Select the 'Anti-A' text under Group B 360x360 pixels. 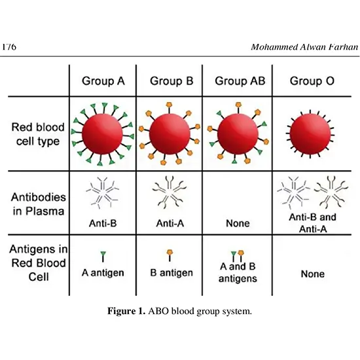pyautogui.click(x=172, y=223)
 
